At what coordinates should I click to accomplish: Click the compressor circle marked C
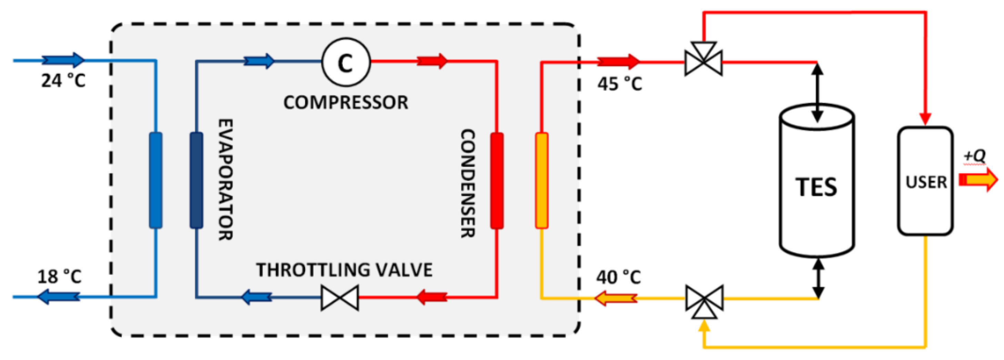pos(345,62)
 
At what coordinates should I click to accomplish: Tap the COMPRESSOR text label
pos(345,102)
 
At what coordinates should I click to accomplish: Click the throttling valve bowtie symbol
pos(340,298)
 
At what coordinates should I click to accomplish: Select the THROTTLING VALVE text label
pos(344,270)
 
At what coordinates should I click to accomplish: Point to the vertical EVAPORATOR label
pos(225,179)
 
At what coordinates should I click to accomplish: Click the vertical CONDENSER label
pos(468,183)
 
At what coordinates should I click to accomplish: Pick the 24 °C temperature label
pos(63,81)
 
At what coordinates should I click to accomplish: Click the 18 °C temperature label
pos(59,277)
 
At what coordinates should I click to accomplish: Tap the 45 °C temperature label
pos(619,84)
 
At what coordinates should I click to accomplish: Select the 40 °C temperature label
pos(618,277)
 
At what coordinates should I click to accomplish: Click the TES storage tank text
pos(816,187)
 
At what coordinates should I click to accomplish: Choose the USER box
pos(926,182)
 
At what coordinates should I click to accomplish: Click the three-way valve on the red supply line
pos(703,60)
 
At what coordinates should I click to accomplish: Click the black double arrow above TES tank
pos(817,92)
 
